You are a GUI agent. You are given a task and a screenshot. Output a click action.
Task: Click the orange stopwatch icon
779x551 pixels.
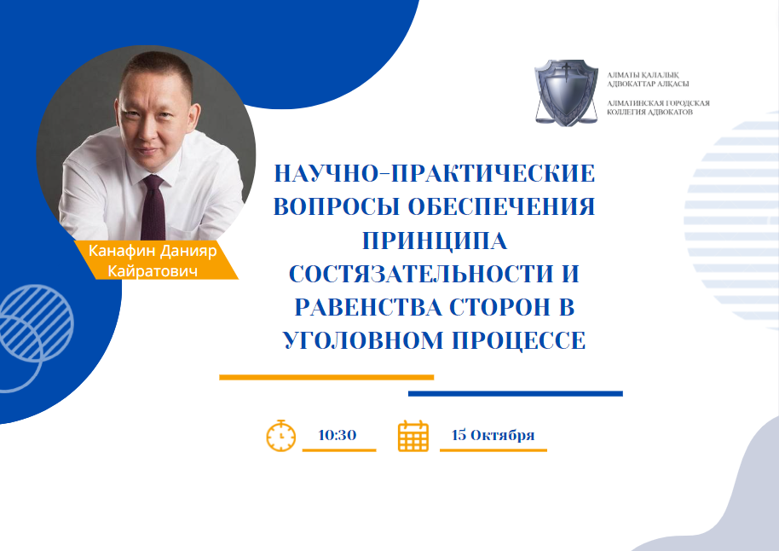pos(280,436)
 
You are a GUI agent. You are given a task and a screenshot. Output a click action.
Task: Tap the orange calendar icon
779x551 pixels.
pos(413,436)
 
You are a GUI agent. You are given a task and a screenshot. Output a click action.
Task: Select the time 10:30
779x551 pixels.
pos(338,435)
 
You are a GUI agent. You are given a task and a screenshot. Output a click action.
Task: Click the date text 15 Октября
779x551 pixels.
pos(493,435)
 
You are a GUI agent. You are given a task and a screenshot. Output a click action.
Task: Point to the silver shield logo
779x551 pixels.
pos(566,92)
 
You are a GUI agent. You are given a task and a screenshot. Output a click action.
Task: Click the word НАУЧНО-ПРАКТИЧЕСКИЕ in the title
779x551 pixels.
pos(435,173)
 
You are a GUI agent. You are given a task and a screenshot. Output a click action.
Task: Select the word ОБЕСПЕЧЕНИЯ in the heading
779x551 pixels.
pos(501,207)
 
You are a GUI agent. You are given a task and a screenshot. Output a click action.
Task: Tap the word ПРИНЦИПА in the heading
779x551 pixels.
pos(435,241)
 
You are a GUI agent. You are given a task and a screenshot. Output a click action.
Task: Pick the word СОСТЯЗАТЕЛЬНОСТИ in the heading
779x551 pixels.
pos(421,274)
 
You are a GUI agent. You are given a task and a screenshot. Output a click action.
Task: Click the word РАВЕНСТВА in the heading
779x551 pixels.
pos(368,307)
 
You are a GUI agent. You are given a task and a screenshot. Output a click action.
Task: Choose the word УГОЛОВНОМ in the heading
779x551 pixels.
pos(363,341)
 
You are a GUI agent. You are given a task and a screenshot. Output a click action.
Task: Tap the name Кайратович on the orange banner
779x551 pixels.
pos(153,271)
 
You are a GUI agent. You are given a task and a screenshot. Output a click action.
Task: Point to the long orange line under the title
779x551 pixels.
pos(326,378)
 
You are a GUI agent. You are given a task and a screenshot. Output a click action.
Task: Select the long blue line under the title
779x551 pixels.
pos(515,394)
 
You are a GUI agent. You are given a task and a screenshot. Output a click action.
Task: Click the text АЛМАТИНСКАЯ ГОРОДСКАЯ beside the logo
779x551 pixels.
pos(658,103)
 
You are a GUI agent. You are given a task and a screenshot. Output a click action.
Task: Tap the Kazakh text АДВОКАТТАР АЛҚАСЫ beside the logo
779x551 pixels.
pos(648,84)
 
